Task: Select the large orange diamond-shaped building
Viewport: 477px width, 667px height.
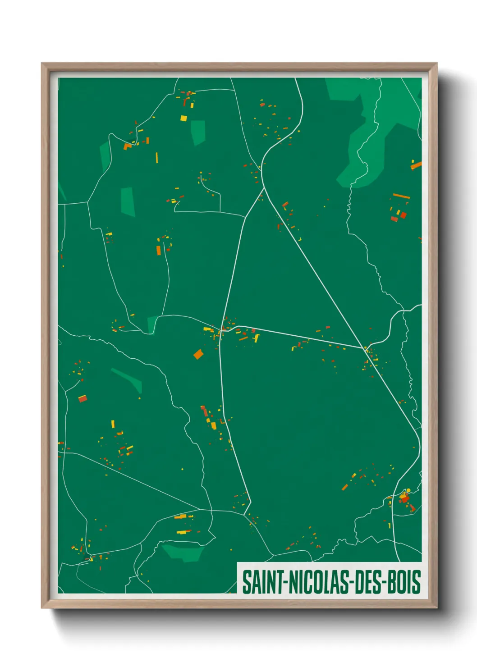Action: (x=198, y=354)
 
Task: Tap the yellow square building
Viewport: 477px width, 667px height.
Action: (x=183, y=119)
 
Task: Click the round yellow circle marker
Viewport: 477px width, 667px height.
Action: (x=408, y=490)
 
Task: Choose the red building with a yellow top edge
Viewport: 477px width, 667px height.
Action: (x=83, y=398)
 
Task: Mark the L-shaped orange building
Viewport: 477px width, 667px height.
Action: (x=128, y=146)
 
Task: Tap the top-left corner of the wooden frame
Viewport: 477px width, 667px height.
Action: (x=42, y=64)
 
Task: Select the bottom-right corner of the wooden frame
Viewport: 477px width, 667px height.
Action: (x=436, y=608)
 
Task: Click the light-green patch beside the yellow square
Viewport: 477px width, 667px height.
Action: (x=198, y=132)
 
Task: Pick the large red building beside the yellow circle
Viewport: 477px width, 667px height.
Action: (x=404, y=498)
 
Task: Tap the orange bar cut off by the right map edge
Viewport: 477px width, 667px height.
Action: (x=416, y=165)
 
